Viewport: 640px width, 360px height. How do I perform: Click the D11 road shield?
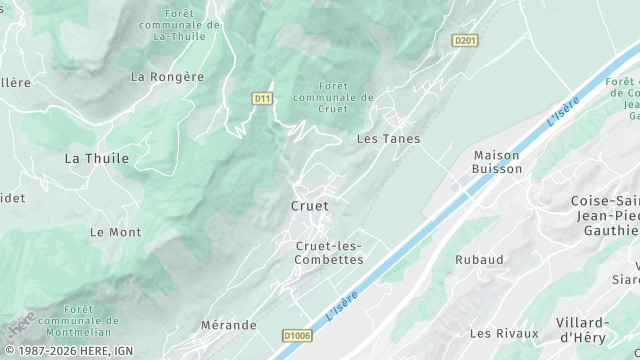(x=262, y=98)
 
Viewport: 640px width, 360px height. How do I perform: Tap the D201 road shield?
(x=464, y=41)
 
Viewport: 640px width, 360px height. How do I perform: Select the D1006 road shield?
(x=297, y=336)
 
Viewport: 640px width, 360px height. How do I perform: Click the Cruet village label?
(x=309, y=206)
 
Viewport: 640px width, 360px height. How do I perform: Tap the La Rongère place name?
(x=167, y=76)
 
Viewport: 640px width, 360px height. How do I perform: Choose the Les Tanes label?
(x=388, y=139)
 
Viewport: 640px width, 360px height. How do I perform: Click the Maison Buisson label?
(x=497, y=162)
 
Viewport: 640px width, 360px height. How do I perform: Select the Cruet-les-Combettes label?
(x=329, y=253)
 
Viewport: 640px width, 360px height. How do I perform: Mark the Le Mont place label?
(x=115, y=232)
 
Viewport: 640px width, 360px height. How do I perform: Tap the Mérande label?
(x=229, y=325)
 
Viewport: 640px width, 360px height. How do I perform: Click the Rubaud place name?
(x=479, y=259)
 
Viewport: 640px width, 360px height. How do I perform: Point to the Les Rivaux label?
(x=504, y=333)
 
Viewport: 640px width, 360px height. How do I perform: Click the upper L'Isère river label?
(x=563, y=111)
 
